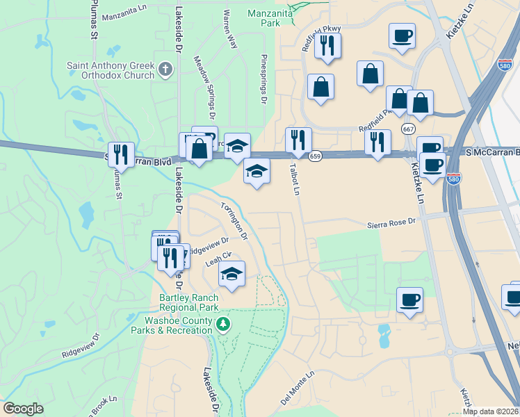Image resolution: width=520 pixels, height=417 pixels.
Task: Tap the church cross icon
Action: click(x=165, y=69)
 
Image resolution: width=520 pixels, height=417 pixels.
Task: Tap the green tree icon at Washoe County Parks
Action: click(x=223, y=324)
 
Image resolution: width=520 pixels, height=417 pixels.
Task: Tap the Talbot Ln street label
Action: click(x=295, y=179)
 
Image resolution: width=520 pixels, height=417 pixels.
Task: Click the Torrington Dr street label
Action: click(x=234, y=220)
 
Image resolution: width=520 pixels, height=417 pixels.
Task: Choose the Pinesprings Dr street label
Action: click(x=263, y=80)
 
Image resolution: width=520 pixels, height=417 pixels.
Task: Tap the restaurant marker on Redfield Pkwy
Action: click(x=326, y=45)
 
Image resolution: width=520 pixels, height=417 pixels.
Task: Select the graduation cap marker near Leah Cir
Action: click(x=232, y=274)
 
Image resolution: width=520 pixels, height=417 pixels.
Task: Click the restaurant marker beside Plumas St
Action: click(x=122, y=154)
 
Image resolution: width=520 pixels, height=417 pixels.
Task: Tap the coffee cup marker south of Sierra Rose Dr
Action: click(x=409, y=300)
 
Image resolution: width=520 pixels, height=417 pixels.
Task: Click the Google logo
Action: click(x=23, y=409)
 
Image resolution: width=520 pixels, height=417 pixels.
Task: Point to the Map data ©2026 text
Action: click(x=490, y=411)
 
